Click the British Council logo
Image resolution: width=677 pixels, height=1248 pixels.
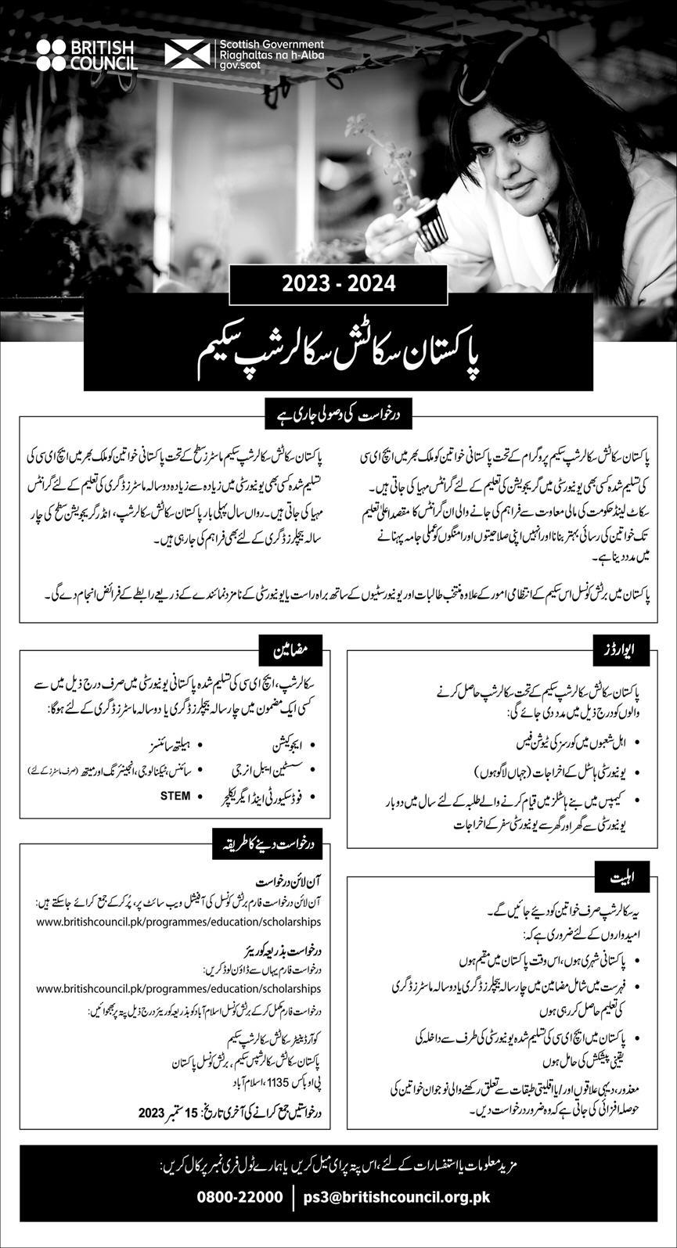coord(86,55)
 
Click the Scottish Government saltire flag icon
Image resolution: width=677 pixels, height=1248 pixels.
coord(188,54)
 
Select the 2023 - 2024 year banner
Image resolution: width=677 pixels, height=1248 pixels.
coord(338,283)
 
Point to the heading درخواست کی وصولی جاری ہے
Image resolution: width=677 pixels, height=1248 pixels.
coord(338,412)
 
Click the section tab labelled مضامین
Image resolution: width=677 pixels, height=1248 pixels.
coord(291,648)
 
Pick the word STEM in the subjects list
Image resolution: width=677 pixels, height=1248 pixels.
coord(175,796)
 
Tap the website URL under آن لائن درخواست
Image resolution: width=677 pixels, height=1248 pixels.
coord(178,923)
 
